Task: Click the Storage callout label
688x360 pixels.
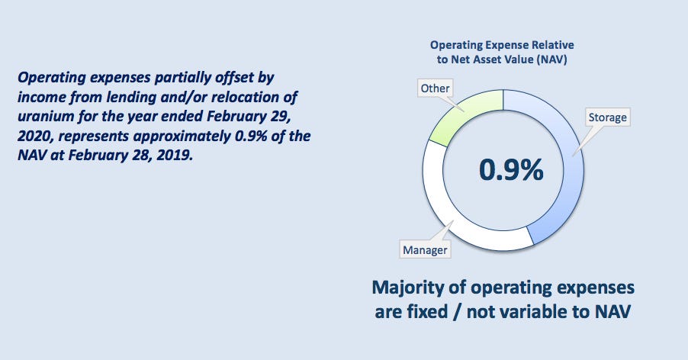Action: [x=607, y=117]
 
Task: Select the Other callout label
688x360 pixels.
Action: [x=435, y=88]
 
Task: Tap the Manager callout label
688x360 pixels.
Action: [x=425, y=249]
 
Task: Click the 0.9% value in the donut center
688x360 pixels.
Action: [x=511, y=169]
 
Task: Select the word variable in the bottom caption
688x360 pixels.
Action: [x=534, y=312]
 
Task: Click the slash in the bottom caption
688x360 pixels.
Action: [x=457, y=312]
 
